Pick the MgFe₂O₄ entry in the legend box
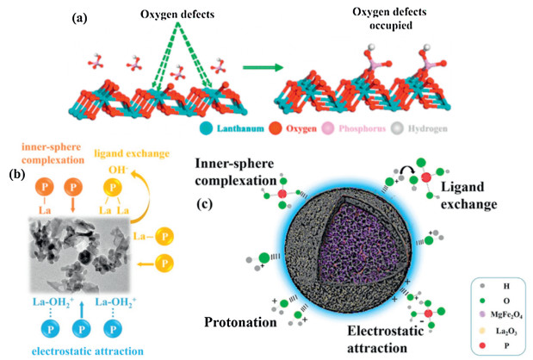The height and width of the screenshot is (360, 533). pyautogui.click(x=499, y=297)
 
